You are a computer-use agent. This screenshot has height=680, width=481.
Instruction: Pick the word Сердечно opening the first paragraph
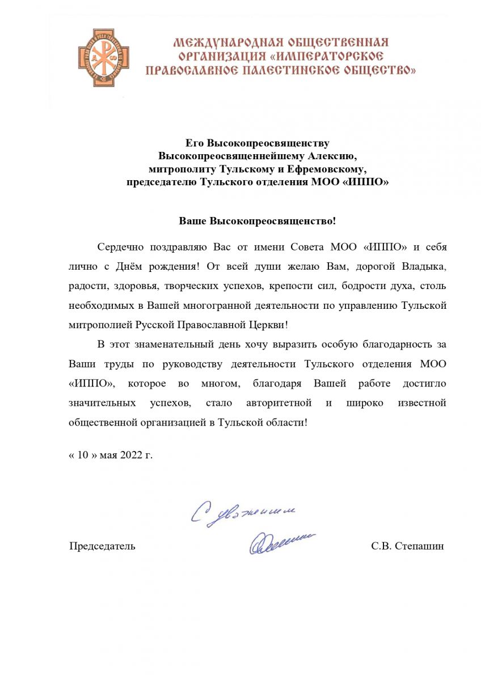pos(120,247)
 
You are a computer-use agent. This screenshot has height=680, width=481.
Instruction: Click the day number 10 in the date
pos(83,454)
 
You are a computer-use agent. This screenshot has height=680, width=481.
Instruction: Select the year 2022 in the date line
pos(132,454)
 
